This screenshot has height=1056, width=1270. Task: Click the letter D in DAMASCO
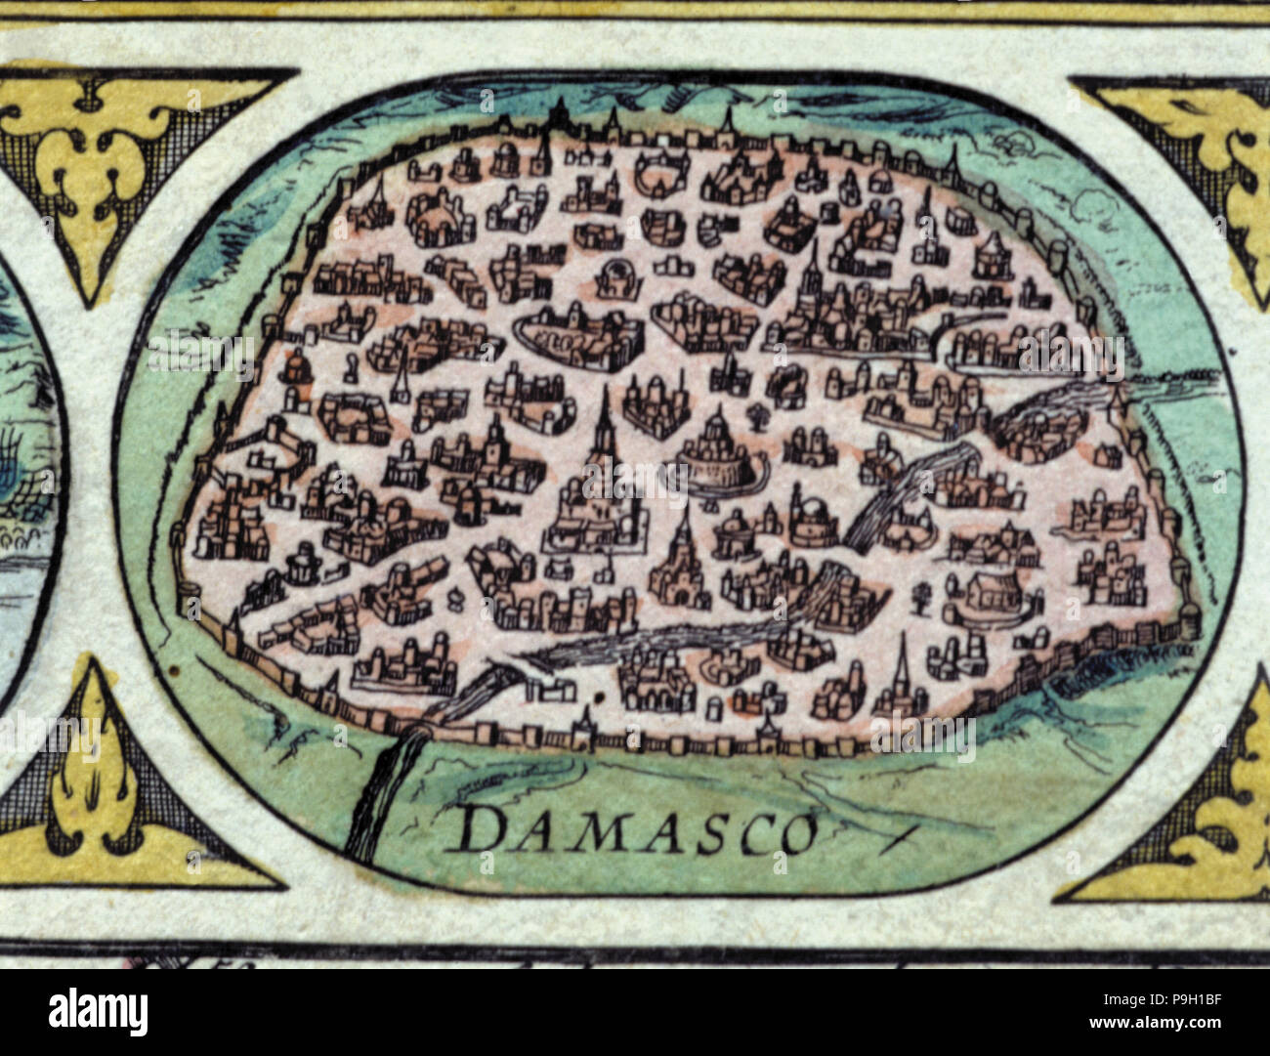pos(478,832)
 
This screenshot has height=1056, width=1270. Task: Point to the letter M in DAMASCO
pos(582,832)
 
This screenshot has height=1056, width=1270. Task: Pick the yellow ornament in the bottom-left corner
pos(93,772)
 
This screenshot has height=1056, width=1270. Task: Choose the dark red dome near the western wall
pos(292,367)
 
